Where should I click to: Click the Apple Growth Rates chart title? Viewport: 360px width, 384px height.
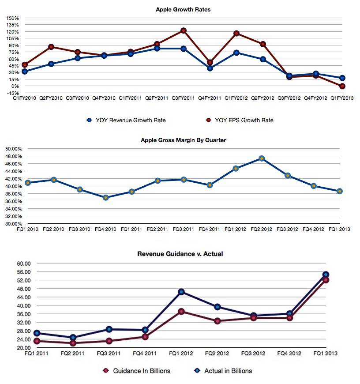[183, 9]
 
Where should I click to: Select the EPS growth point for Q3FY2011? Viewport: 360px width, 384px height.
[184, 31]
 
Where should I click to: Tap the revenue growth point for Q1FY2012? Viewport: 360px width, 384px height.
[236, 53]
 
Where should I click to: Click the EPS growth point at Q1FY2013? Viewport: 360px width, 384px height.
[342, 86]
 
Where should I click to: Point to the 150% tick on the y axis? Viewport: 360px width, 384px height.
[12, 18]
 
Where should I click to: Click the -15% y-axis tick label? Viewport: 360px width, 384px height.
[13, 93]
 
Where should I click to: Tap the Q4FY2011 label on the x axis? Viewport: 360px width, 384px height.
[210, 98]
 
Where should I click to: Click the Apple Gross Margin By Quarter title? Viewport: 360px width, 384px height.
[183, 140]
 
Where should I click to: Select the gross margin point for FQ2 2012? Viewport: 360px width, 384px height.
[262, 158]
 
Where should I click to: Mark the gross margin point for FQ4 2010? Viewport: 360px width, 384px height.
[106, 198]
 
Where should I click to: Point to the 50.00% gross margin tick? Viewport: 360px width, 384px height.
[13, 149]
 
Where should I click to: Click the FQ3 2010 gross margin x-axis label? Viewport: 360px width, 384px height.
[79, 229]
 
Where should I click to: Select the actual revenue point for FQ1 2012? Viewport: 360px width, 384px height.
[181, 292]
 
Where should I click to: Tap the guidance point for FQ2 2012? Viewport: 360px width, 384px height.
[217, 321]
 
